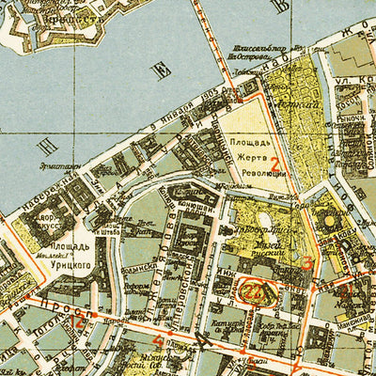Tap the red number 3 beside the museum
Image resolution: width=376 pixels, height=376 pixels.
[305, 263]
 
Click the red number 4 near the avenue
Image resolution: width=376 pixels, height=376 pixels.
[158, 340]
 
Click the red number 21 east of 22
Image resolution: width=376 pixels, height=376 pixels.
[348, 291]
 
